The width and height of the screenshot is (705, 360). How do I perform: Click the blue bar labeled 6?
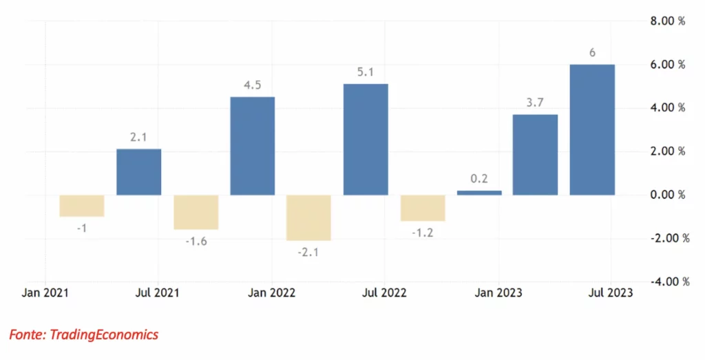tap(591, 130)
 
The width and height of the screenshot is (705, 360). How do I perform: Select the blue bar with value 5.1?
tap(366, 139)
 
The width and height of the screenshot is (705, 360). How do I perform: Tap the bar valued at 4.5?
tap(252, 146)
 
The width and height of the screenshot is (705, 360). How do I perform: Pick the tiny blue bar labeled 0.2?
tap(479, 193)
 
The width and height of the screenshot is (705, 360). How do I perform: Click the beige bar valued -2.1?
tap(308, 218)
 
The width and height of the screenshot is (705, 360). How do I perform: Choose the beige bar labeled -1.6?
tap(196, 212)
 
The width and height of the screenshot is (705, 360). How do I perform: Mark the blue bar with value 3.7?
tap(535, 155)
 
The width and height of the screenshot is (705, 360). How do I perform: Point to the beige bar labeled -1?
tap(82, 206)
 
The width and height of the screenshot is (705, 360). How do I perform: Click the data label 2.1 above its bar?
tap(138, 137)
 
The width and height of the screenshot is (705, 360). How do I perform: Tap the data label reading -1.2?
tap(423, 233)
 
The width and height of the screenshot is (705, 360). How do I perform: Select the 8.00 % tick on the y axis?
tap(668, 21)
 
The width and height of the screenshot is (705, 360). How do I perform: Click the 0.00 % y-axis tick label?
tap(668, 195)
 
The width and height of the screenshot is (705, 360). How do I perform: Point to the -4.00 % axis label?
tap(669, 282)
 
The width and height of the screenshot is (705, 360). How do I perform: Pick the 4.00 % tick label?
tap(668, 108)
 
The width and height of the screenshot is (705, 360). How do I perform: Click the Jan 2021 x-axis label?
tap(45, 293)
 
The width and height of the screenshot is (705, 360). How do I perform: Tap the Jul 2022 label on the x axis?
tap(384, 293)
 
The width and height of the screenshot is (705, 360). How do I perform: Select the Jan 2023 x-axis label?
tap(498, 293)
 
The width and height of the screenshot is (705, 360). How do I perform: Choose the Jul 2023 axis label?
tap(611, 293)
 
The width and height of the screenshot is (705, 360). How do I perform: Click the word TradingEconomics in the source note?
tap(104, 335)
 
